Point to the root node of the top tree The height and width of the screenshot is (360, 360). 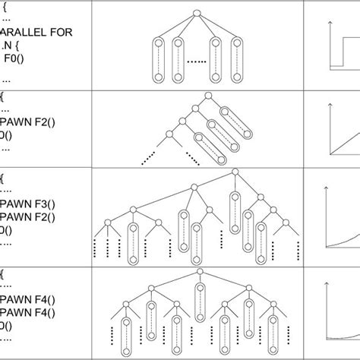pyautogui.click(x=196, y=13)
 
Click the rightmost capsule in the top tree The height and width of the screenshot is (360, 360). pyautogui.click(x=238, y=58)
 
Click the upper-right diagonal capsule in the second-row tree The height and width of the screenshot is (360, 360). pyautogui.click(x=227, y=115)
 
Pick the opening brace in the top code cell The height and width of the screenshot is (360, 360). pyautogui.click(x=3, y=7)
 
